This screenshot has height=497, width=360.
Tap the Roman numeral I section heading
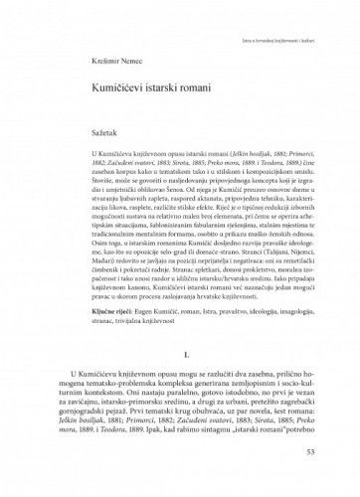tap(179, 380)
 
